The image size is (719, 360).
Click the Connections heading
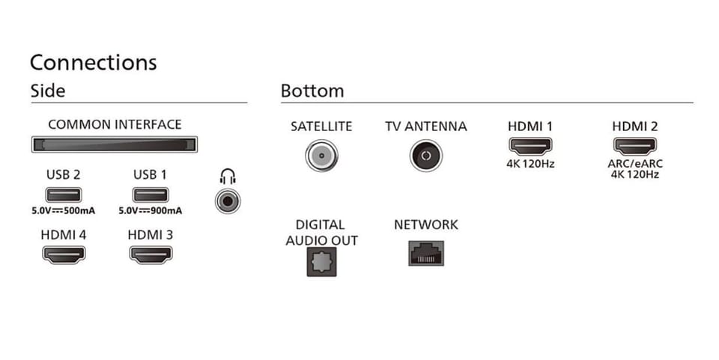coord(93,63)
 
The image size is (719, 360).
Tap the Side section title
coord(48,91)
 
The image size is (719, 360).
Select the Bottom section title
coord(312,91)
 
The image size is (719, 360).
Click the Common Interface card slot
coord(114,144)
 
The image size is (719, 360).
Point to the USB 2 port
coord(63,195)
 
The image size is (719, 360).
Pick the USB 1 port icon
coord(151,195)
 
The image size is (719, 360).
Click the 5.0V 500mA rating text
coord(63,211)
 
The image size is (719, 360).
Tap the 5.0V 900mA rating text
coord(151,211)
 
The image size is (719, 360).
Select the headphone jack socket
coord(228,201)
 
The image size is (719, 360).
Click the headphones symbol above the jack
coord(228,177)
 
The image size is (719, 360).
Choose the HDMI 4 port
coord(64,254)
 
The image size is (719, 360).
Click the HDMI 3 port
coord(151,254)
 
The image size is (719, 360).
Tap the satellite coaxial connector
coord(321,156)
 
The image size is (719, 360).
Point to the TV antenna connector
coord(426,156)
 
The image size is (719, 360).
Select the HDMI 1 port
coord(530,147)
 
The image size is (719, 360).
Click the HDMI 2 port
coord(635,147)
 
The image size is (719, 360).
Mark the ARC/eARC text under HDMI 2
coord(635,163)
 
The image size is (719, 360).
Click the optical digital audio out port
coord(321,262)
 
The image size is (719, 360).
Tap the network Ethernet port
coord(426,253)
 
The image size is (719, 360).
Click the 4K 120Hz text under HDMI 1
coord(530,163)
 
